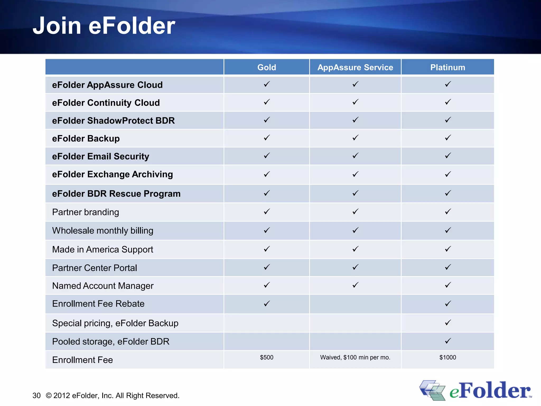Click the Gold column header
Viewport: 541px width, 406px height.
point(267,67)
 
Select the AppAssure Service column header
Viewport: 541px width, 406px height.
point(355,67)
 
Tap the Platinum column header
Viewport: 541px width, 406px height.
point(447,67)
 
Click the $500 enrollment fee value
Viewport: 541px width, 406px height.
point(267,357)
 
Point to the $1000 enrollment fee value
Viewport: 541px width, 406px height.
point(447,357)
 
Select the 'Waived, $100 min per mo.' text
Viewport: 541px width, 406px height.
point(355,357)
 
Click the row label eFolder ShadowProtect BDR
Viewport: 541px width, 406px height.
point(113,121)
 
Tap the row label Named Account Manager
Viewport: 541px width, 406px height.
point(103,286)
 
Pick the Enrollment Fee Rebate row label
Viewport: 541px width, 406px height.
point(98,304)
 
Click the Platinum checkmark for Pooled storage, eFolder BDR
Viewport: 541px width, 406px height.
point(448,341)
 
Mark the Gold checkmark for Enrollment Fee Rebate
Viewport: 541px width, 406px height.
point(267,303)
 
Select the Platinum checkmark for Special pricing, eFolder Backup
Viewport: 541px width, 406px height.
point(448,322)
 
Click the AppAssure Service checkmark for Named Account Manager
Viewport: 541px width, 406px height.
point(356,285)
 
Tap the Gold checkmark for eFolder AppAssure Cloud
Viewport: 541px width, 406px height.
point(267,84)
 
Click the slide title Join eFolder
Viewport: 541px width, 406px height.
point(104,26)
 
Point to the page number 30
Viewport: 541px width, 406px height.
point(36,395)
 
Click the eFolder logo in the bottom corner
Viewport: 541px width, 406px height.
point(475,390)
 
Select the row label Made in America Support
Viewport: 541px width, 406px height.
point(102,249)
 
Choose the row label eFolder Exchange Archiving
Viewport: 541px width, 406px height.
point(112,174)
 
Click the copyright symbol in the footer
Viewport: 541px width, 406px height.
point(49,395)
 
